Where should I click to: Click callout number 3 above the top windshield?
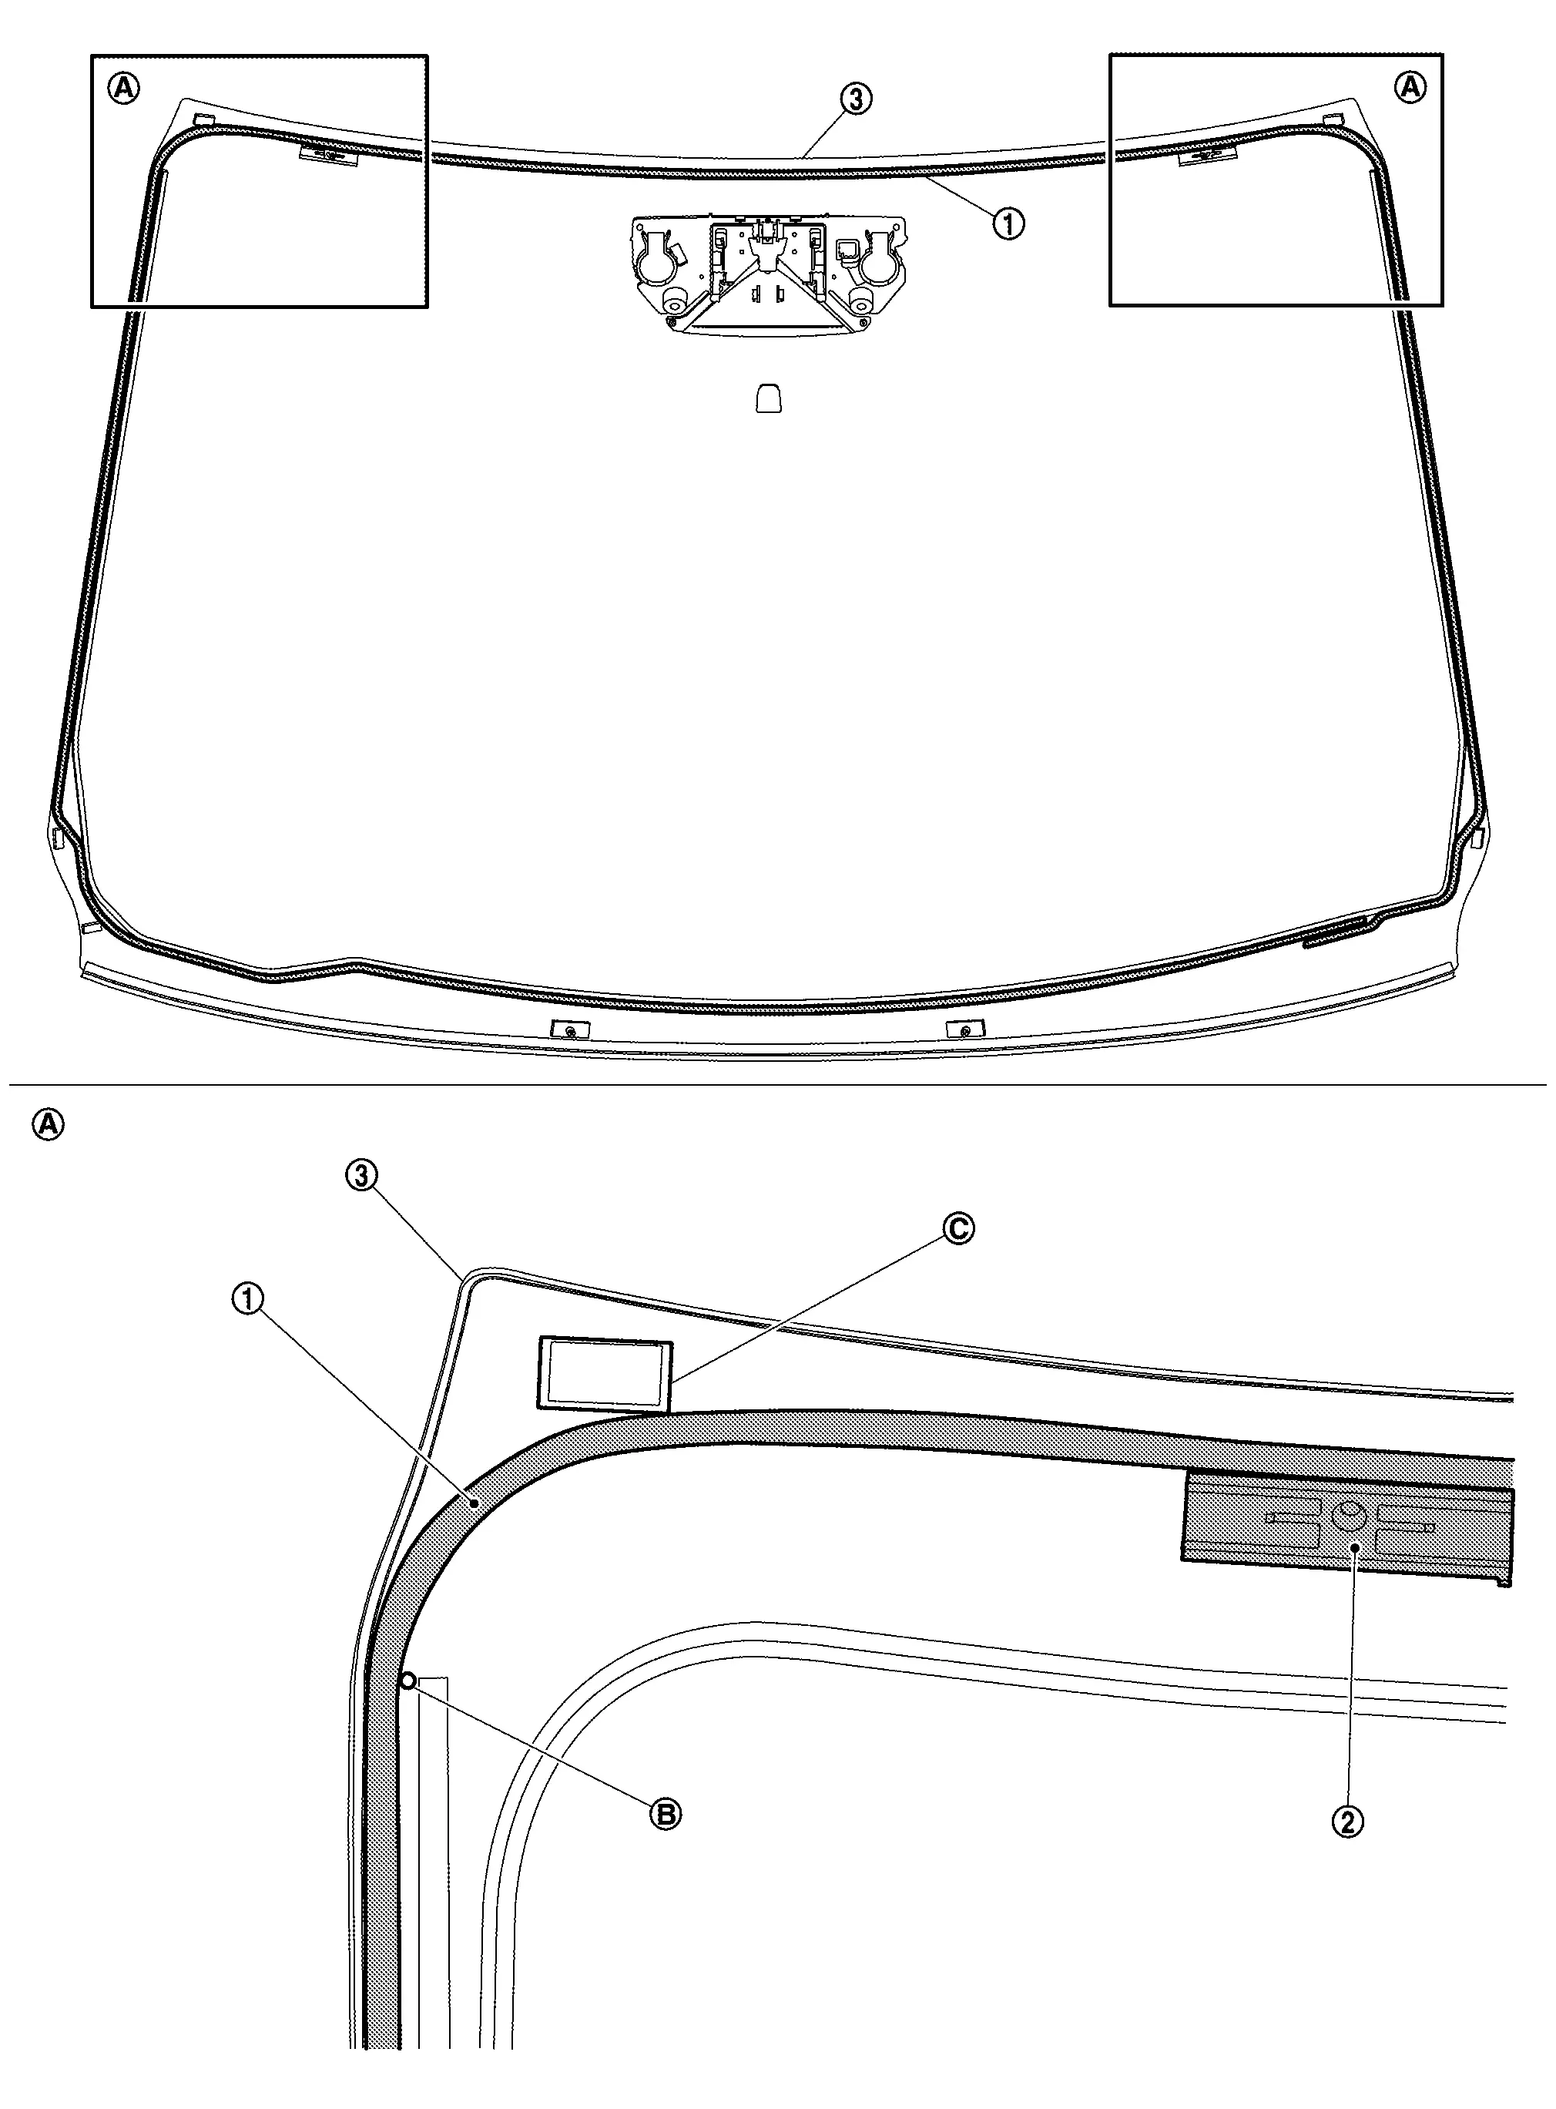click(x=856, y=98)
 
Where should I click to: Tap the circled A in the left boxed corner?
click(x=124, y=89)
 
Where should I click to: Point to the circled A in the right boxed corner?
click(x=1410, y=88)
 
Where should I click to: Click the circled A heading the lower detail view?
click(x=49, y=1125)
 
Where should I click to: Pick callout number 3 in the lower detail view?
click(x=363, y=1176)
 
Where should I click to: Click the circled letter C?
click(x=959, y=1228)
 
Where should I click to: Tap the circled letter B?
click(x=666, y=1814)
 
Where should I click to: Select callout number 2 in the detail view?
click(x=1348, y=1822)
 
